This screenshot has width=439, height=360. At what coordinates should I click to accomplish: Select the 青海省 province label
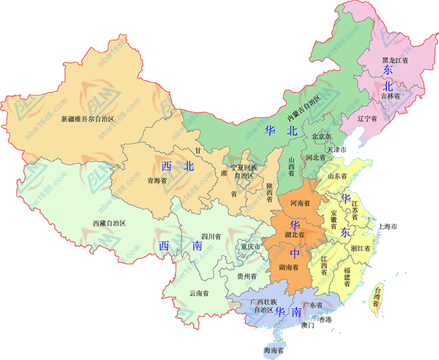point(158,179)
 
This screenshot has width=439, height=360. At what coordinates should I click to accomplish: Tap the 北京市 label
point(323,137)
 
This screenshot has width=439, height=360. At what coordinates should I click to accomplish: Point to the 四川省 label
point(212,236)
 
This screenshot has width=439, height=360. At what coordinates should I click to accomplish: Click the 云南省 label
point(199,293)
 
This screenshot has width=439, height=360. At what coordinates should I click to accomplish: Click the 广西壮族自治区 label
point(261,306)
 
